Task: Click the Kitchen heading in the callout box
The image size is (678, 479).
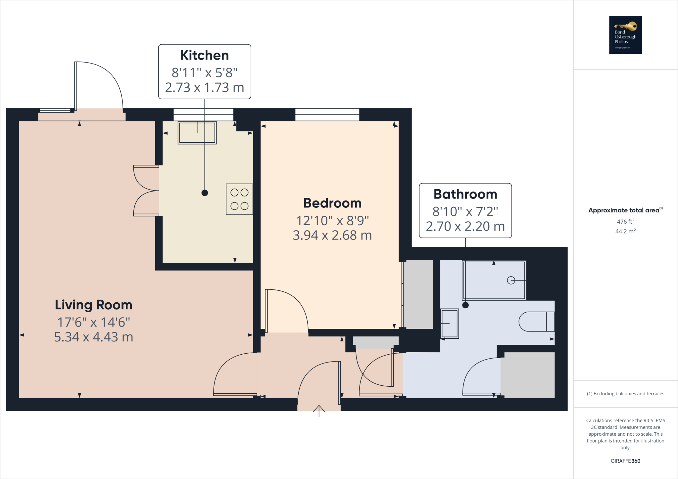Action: [x=205, y=55]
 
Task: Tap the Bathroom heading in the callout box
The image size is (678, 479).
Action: [x=465, y=194]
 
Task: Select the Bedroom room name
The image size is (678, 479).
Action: [x=332, y=203]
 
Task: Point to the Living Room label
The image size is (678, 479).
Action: [x=94, y=305]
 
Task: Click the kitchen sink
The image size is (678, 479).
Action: [x=197, y=133]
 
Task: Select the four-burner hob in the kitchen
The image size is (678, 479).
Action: [x=239, y=199]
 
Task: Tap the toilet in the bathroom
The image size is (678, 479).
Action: [x=536, y=322]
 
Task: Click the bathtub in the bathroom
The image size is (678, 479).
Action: [x=494, y=281]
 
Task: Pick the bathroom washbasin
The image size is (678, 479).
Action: [x=450, y=324]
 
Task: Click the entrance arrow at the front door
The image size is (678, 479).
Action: [x=319, y=411]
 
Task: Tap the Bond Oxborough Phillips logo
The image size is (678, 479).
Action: [x=625, y=35]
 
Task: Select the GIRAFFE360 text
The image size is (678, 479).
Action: [x=625, y=461]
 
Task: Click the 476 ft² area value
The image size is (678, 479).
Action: [x=625, y=221]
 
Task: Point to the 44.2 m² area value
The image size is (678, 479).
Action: [x=625, y=231]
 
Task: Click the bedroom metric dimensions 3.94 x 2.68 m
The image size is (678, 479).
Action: [x=332, y=235]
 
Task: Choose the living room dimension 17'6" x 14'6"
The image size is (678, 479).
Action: [x=94, y=322]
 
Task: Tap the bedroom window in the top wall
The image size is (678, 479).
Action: [x=327, y=115]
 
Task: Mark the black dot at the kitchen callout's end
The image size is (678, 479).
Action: [x=205, y=193]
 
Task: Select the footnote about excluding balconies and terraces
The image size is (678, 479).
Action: [x=625, y=394]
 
